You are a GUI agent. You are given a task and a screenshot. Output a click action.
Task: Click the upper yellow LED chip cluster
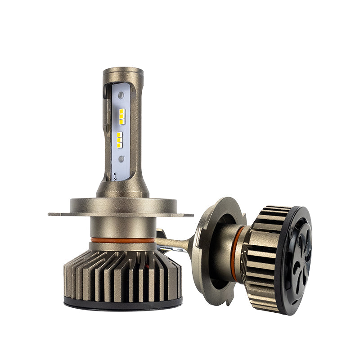tap(122, 116)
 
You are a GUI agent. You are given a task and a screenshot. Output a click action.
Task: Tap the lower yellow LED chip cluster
tap(120, 140)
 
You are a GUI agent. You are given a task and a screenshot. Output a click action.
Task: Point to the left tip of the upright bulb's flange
tap(50, 214)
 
